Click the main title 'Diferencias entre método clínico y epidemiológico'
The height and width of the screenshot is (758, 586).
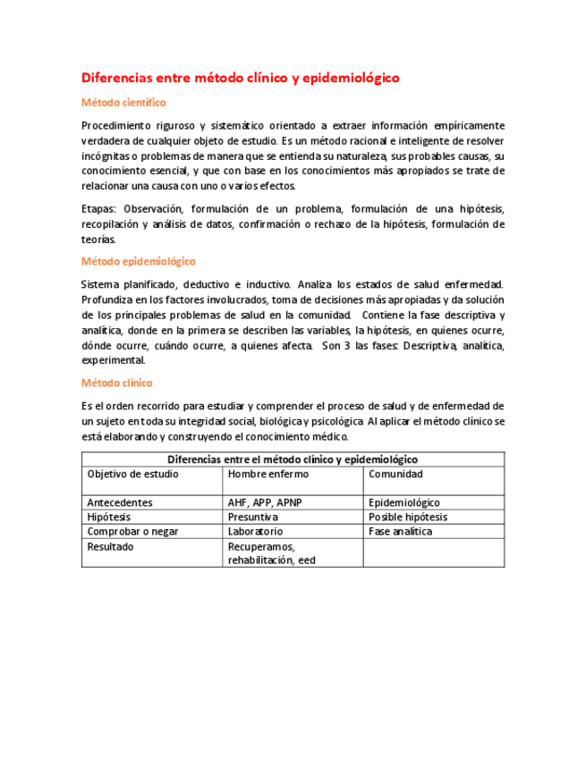(240, 78)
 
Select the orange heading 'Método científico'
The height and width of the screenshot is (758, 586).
(123, 103)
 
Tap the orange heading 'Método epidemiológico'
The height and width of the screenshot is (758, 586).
(138, 261)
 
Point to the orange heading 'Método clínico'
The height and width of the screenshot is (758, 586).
(116, 383)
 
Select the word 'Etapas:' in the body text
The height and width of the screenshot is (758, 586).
(98, 208)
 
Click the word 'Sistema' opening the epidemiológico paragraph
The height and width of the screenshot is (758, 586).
(100, 284)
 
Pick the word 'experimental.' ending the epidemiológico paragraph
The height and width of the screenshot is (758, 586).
(113, 360)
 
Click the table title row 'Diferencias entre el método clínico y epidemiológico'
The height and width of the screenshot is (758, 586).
(293, 459)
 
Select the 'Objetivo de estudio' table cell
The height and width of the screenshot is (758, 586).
(132, 474)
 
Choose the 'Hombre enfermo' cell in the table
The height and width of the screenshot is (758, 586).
(266, 474)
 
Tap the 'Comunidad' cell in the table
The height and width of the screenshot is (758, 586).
(395, 474)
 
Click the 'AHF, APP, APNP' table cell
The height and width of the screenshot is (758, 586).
(265, 502)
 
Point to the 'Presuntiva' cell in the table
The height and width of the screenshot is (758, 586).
(252, 517)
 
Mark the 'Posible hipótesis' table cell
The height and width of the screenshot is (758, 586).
(408, 517)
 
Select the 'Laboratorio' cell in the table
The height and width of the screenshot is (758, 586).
(255, 531)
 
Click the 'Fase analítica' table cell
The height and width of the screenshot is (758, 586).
(400, 531)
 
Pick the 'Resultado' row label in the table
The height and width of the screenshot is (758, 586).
(110, 546)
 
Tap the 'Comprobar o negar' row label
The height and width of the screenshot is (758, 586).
(132, 531)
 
